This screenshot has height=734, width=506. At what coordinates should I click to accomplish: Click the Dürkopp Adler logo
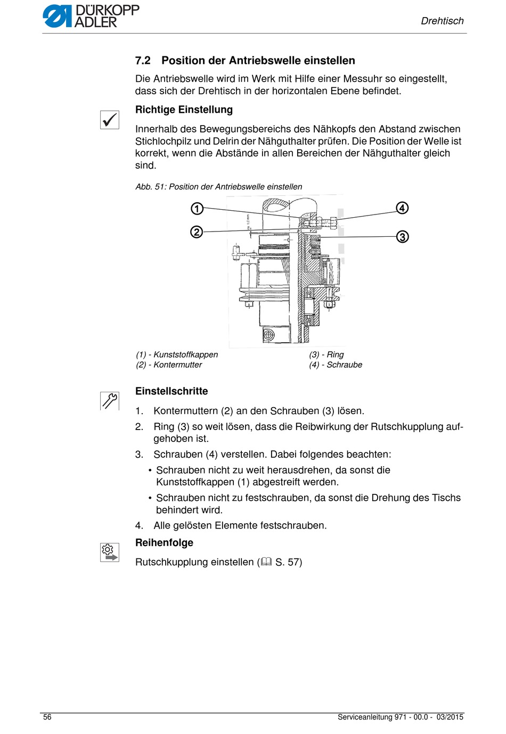click(x=91, y=16)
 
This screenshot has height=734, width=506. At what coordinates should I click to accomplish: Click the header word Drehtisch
click(x=442, y=21)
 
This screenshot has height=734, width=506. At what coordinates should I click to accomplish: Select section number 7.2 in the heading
click(x=143, y=61)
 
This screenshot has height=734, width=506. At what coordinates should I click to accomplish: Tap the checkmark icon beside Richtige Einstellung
click(x=110, y=120)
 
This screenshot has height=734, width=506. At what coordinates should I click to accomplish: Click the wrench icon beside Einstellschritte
click(x=110, y=401)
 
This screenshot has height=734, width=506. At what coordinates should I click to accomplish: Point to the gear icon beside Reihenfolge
click(x=110, y=552)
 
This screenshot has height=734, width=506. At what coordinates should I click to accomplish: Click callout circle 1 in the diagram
click(x=197, y=209)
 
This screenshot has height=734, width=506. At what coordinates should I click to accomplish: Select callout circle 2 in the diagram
click(x=197, y=232)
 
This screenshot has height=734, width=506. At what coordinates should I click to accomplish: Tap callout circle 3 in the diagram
click(x=402, y=236)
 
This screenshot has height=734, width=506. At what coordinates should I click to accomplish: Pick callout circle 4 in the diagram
click(x=402, y=208)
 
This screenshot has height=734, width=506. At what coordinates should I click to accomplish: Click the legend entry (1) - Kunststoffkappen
click(x=177, y=354)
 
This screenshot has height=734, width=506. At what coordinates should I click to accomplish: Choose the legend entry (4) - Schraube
click(x=336, y=365)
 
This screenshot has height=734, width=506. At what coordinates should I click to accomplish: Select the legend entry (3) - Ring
click(x=327, y=354)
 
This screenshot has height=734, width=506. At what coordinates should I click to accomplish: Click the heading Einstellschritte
click(x=172, y=391)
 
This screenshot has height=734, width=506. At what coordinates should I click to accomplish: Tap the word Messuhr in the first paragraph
click(x=358, y=79)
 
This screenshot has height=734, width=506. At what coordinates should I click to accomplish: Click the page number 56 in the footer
click(x=47, y=717)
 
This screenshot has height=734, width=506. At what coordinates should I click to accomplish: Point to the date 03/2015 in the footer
click(x=450, y=717)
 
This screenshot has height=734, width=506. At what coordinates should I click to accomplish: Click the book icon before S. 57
click(x=266, y=562)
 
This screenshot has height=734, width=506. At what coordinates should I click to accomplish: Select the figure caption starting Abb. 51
click(x=219, y=187)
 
